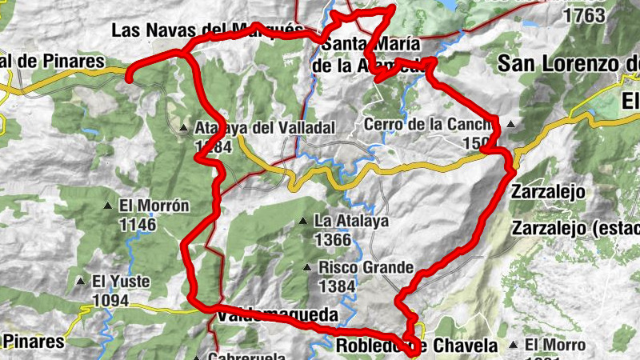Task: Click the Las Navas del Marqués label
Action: (206, 30)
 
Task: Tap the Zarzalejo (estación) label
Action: (575, 227)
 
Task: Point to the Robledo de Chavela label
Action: (417, 346)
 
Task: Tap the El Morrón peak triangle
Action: (109, 206)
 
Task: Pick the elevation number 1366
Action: (334, 239)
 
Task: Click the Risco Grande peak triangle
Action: (308, 268)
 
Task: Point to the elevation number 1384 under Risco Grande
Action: (337, 286)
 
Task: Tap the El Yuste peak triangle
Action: (81, 282)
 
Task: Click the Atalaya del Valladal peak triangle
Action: (184, 128)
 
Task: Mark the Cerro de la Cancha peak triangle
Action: (510, 124)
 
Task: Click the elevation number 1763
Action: (583, 15)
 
